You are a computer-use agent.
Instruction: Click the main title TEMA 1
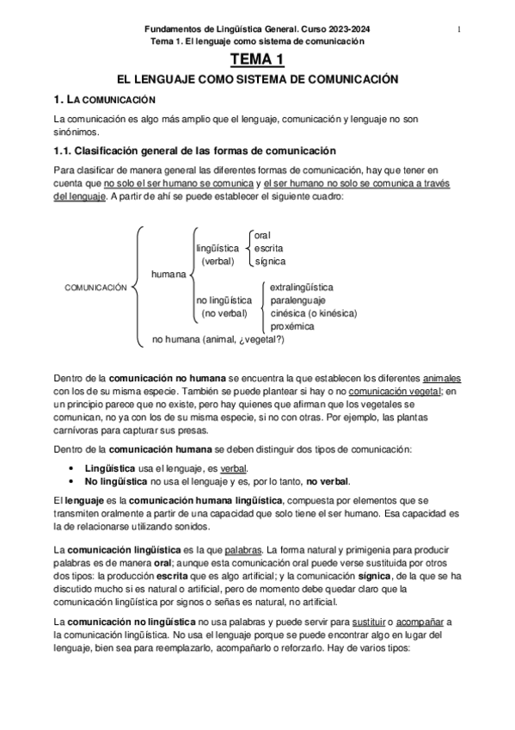(x=256, y=59)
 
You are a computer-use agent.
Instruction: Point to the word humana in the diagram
(x=169, y=274)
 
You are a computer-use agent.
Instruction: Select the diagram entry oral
(x=262, y=235)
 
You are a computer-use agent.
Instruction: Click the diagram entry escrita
(x=268, y=248)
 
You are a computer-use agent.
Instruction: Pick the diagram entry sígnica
(x=270, y=261)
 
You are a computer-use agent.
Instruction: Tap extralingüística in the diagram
(x=302, y=287)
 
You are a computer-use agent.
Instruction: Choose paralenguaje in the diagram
(x=297, y=300)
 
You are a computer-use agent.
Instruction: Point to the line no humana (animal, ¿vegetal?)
(x=218, y=339)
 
